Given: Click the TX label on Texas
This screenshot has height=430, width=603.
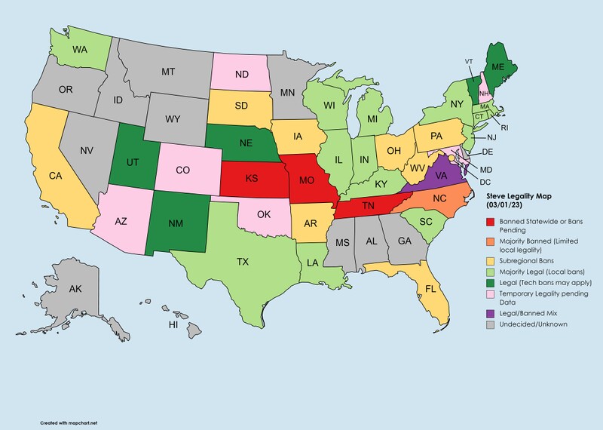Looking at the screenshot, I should point(243,263).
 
